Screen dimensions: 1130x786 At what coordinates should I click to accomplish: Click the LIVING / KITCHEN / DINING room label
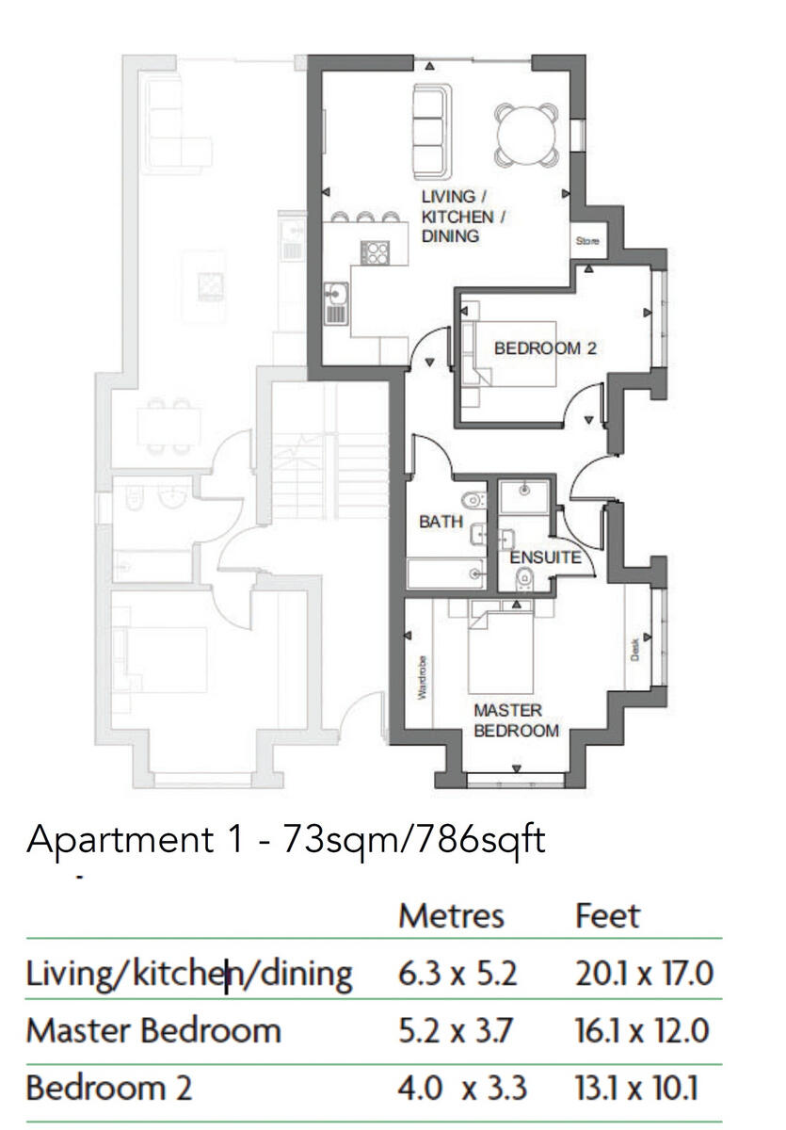463,217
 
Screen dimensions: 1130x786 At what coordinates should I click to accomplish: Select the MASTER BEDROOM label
516,720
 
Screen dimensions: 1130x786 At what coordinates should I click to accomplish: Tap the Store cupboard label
587,242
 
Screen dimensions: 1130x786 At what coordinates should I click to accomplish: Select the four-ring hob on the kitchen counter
375,252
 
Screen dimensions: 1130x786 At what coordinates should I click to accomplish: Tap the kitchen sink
336,303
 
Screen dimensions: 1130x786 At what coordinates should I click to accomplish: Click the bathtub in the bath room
444,573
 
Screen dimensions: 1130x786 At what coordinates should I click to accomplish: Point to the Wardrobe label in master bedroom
422,678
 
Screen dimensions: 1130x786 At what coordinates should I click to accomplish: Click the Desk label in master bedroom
635,649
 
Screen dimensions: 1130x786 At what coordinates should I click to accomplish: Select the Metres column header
451,915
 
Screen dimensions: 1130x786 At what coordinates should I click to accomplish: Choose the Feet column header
607,915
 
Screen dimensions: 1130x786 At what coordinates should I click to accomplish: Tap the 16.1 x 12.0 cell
642,1030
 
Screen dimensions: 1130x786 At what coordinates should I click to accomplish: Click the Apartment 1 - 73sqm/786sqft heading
286,838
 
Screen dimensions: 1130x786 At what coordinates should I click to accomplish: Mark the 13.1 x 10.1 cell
636,1089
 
